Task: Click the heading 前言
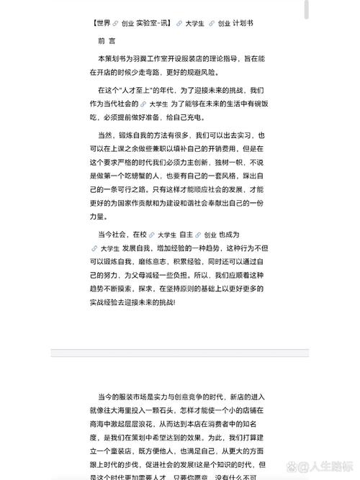[x=107, y=41]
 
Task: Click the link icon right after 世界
[x=115, y=24]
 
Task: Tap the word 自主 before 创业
[x=186, y=235]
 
